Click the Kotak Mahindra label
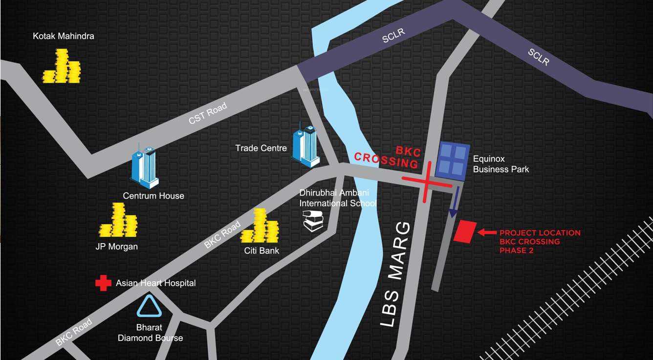[x=64, y=36]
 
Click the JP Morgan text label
[x=116, y=247]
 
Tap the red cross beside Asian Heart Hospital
[x=103, y=283]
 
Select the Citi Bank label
[x=262, y=250]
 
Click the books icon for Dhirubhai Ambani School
[x=313, y=221]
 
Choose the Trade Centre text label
[x=261, y=148]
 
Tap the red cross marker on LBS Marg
[x=426, y=181]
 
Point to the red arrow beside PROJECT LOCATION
[x=487, y=233]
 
